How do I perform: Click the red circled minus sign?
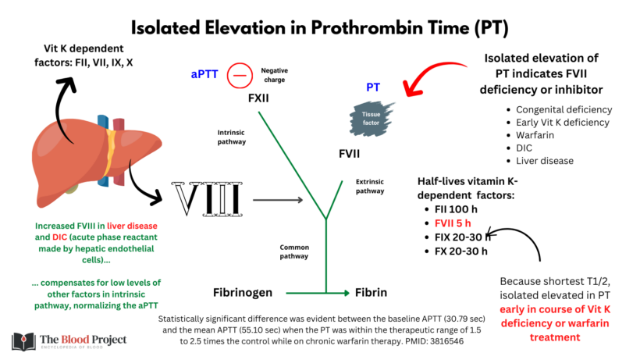click(x=239, y=76)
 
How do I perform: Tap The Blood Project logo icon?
click(x=23, y=342)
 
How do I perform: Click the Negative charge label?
click(x=274, y=74)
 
